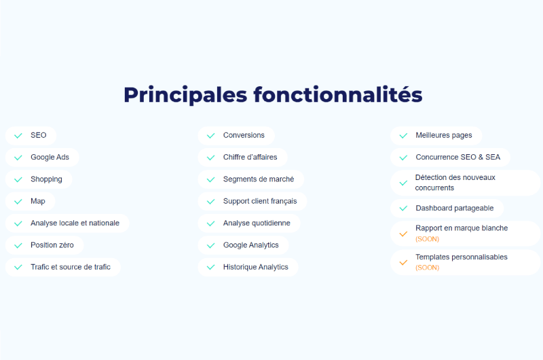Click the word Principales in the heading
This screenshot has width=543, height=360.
click(x=185, y=95)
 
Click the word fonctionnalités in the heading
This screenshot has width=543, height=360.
click(x=338, y=94)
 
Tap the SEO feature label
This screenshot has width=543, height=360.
click(x=39, y=135)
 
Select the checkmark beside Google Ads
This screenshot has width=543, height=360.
click(x=18, y=158)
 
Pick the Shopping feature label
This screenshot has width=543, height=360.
click(x=46, y=179)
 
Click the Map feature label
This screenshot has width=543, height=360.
click(x=38, y=201)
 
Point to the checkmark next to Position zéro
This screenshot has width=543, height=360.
click(x=18, y=246)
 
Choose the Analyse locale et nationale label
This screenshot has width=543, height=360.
click(x=75, y=223)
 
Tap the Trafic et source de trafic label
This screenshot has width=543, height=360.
click(x=71, y=267)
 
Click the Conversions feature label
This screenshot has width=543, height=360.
click(x=244, y=135)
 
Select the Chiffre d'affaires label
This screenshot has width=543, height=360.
click(x=250, y=158)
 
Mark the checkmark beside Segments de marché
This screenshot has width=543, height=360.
click(x=210, y=179)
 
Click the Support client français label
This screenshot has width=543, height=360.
click(x=260, y=201)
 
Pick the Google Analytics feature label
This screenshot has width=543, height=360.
click(x=250, y=245)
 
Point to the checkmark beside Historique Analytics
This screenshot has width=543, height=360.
click(x=210, y=267)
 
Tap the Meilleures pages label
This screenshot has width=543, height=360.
click(x=444, y=135)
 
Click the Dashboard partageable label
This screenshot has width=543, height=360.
click(x=455, y=209)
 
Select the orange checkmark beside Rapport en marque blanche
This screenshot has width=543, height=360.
click(x=403, y=234)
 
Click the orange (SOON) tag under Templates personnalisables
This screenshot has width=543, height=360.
click(x=428, y=268)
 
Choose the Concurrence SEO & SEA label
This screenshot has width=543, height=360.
click(x=457, y=158)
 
